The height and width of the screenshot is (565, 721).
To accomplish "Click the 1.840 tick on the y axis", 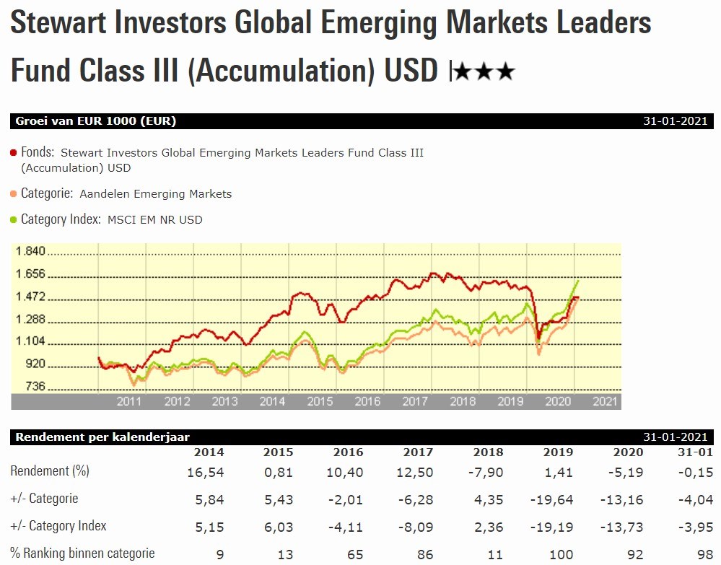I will tap(30, 252).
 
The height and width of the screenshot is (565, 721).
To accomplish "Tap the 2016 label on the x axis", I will tap(367, 401).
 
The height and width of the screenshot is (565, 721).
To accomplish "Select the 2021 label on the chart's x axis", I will tap(604, 401).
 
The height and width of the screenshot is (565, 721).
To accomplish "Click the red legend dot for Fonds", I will tap(14, 153).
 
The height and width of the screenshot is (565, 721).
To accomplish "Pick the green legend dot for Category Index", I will tap(14, 219).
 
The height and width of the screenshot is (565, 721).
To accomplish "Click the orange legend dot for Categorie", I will tap(14, 193).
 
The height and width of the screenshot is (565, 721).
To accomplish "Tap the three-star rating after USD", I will tap(484, 71).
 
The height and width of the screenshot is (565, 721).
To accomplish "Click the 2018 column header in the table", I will tap(489, 452).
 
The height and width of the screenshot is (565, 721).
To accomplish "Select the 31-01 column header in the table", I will tap(696, 452).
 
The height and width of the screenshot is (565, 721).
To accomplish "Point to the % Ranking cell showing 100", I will tap(563, 554).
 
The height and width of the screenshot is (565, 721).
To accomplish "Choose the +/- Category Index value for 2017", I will tap(419, 527).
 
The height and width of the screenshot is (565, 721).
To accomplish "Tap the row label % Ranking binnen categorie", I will tap(82, 553).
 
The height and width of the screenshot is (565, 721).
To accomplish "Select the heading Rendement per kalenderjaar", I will tap(102, 437).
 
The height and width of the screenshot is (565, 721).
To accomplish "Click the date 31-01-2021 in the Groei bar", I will tap(675, 121).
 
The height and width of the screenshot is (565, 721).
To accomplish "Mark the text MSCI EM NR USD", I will tap(154, 219).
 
